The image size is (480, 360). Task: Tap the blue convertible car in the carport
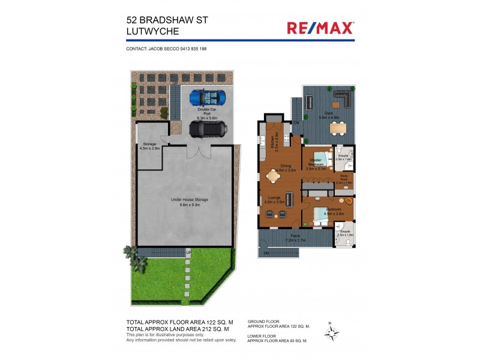click(208, 97)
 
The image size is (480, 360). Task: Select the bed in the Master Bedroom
click(319, 159)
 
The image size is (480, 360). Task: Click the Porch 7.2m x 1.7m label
click(295, 238)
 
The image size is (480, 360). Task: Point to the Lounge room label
click(274, 199)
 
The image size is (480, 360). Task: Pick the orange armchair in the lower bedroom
click(346, 200)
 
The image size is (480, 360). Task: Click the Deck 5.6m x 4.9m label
click(328, 116)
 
